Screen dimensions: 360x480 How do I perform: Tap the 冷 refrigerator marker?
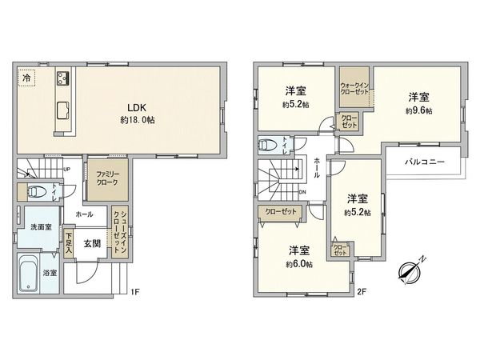point(26,78)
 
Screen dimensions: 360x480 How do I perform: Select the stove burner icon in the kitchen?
point(63,79)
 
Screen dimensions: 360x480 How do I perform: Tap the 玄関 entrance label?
point(92,243)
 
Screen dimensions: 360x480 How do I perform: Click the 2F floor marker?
point(361,292)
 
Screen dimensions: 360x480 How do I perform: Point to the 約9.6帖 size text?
point(418,110)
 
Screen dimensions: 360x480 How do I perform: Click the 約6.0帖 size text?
point(296,263)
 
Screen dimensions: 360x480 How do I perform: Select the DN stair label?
point(302,192)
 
